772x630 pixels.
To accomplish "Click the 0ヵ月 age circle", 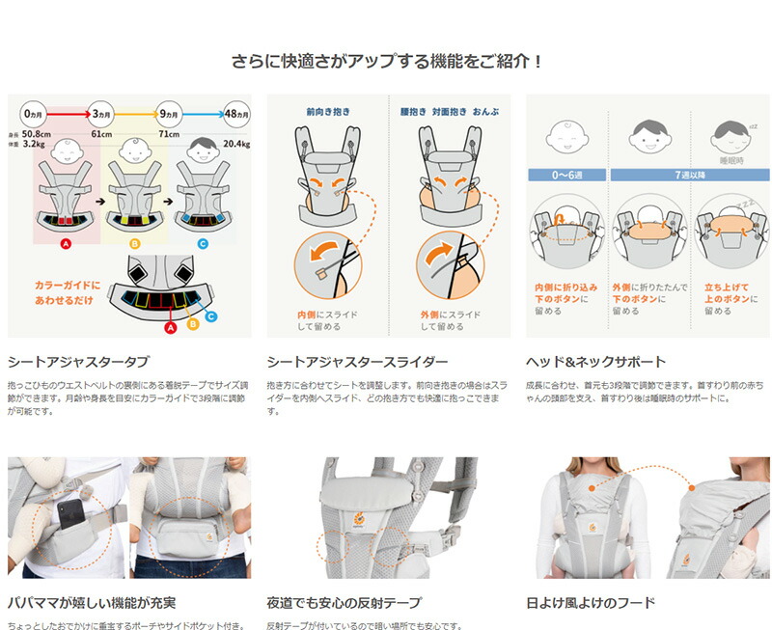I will pyautogui.click(x=34, y=111).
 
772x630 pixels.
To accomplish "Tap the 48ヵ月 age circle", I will pyautogui.click(x=236, y=111).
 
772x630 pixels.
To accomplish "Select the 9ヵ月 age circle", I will pyautogui.click(x=169, y=111).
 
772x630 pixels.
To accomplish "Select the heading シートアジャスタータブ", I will pyautogui.click(x=78, y=362).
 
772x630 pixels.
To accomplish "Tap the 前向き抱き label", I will pyautogui.click(x=327, y=112).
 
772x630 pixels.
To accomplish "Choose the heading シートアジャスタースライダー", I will pyautogui.click(x=357, y=362).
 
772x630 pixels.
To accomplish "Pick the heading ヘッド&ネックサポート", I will pyautogui.click(x=595, y=362).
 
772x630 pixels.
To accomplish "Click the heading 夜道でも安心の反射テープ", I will pyautogui.click(x=344, y=603).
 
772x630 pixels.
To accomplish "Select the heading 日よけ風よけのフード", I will pyautogui.click(x=591, y=603).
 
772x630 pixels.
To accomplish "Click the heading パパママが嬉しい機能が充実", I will pyautogui.click(x=91, y=603).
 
